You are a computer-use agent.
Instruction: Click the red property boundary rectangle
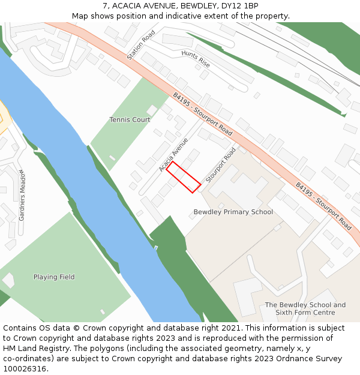click(x=183, y=177)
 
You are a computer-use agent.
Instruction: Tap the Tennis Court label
click(x=130, y=120)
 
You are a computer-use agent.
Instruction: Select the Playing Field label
click(x=54, y=277)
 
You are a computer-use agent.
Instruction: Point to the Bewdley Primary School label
click(x=233, y=212)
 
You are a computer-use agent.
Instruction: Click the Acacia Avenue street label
click(x=173, y=155)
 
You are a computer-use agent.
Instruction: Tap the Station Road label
click(x=141, y=45)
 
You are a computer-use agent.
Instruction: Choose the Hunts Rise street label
click(x=196, y=58)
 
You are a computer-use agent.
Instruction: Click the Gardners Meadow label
click(x=22, y=195)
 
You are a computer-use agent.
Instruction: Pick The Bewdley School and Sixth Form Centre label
click(x=305, y=308)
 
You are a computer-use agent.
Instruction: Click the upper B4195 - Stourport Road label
click(x=202, y=114)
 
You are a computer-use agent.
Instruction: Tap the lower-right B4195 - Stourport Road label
click(x=323, y=206)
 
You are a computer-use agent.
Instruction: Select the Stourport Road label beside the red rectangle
click(x=221, y=165)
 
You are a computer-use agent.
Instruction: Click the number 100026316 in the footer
click(x=25, y=369)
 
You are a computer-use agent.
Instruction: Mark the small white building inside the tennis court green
click(x=151, y=110)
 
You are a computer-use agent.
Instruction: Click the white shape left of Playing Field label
click(x=8, y=280)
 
